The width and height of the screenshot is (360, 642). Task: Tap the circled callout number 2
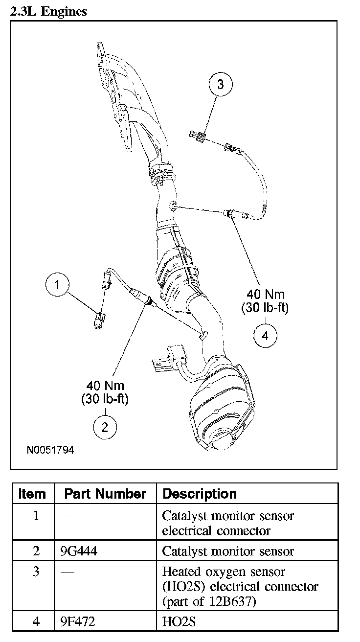[105, 427]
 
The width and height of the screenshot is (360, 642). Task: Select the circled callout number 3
[220, 85]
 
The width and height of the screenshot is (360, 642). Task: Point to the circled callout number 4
[265, 336]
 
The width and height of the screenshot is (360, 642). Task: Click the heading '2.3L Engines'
[48, 11]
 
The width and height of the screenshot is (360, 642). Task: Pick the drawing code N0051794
[50, 449]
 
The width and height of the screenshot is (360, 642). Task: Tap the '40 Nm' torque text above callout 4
[265, 295]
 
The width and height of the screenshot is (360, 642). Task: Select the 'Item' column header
[32, 494]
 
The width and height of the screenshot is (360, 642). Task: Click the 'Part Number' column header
[105, 494]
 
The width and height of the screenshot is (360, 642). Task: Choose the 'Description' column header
[200, 494]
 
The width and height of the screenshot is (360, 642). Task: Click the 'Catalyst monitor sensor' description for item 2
[228, 551]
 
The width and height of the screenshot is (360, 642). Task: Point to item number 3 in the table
[36, 572]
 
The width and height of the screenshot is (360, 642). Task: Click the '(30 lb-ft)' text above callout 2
[105, 399]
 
